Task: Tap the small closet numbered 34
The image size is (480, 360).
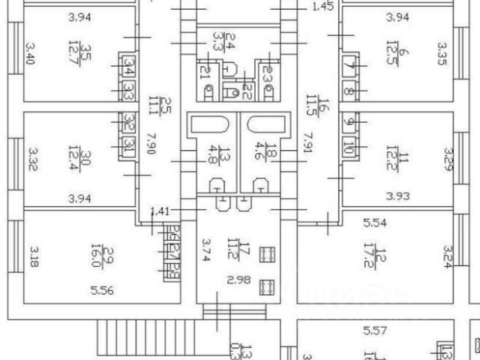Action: coord(130,70)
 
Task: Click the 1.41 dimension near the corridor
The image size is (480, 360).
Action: coord(160,211)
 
